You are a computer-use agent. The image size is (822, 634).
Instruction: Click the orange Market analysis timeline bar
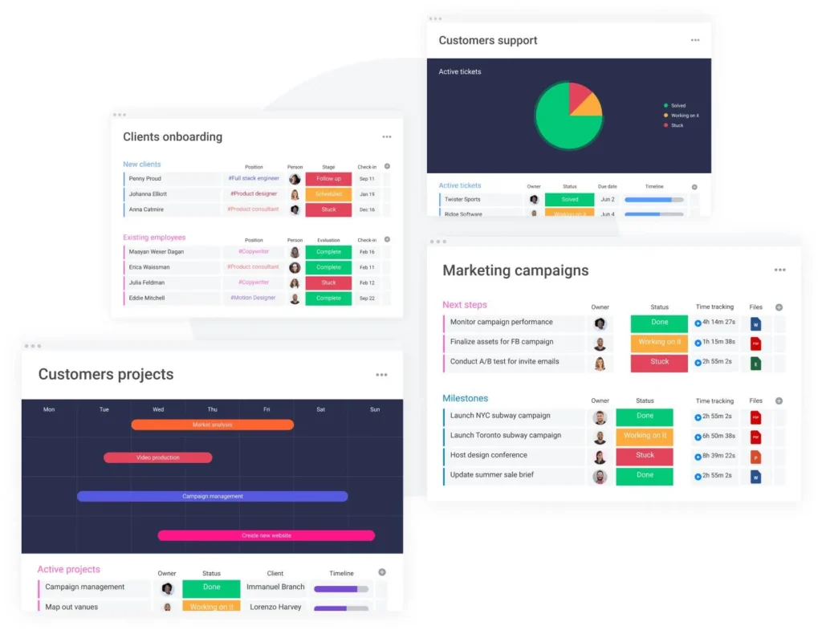pos(212,425)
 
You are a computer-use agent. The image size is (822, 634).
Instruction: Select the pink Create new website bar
pos(266,535)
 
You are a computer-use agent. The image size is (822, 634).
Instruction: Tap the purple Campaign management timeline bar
pos(212,496)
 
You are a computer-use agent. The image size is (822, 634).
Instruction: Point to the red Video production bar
pos(157,457)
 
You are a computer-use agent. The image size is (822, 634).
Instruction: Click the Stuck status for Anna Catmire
pos(328,209)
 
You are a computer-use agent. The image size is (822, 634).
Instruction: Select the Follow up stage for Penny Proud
pos(328,179)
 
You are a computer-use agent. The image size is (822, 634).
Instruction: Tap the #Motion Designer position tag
pos(253,298)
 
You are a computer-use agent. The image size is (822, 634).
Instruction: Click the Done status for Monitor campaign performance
pos(659,323)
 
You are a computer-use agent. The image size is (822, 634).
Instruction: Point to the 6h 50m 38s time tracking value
pos(714,436)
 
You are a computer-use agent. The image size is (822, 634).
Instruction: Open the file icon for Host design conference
pos(755,457)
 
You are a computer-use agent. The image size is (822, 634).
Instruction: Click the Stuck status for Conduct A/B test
pos(659,362)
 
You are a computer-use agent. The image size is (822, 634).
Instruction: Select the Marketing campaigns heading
pos(515,271)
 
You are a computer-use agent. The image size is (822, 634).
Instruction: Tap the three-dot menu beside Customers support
pos(695,40)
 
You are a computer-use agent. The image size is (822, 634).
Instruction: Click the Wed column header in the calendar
pos(158,409)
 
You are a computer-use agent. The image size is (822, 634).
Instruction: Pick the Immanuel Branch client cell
pos(275,587)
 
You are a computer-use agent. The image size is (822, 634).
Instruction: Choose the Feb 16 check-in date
pos(367,252)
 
